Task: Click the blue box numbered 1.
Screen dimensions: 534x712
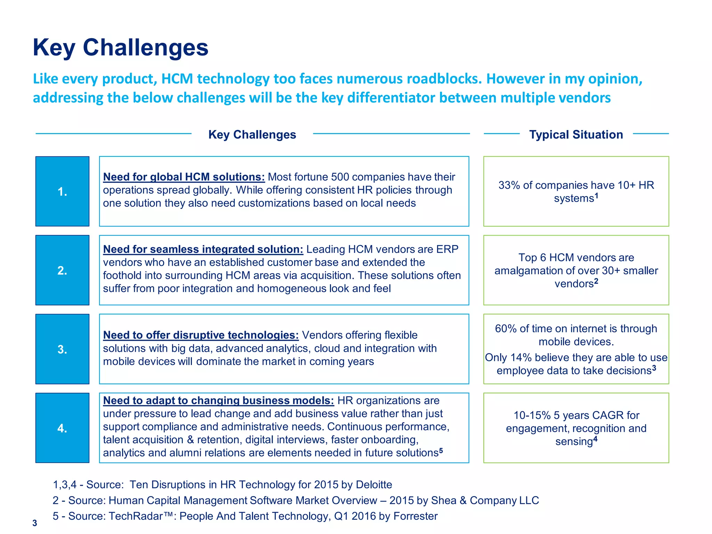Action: pyautogui.click(x=62, y=191)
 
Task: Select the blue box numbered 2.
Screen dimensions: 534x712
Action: pyautogui.click(x=62, y=270)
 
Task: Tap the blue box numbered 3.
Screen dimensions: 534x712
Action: pyautogui.click(x=62, y=349)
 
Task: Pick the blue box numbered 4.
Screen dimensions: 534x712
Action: pyautogui.click(x=62, y=428)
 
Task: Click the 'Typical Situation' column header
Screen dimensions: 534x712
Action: pyautogui.click(x=576, y=135)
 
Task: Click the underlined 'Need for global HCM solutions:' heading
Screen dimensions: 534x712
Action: pyautogui.click(x=184, y=177)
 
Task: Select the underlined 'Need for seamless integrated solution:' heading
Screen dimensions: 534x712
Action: pyautogui.click(x=203, y=249)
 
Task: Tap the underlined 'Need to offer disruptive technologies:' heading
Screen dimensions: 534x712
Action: pyautogui.click(x=201, y=335)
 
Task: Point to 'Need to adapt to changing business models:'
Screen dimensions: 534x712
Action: pyautogui.click(x=218, y=400)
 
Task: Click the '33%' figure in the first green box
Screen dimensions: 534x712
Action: pyautogui.click(x=509, y=185)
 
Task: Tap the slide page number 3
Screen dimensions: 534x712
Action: pyautogui.click(x=34, y=523)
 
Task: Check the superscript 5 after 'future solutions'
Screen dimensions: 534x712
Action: pyautogui.click(x=441, y=451)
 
